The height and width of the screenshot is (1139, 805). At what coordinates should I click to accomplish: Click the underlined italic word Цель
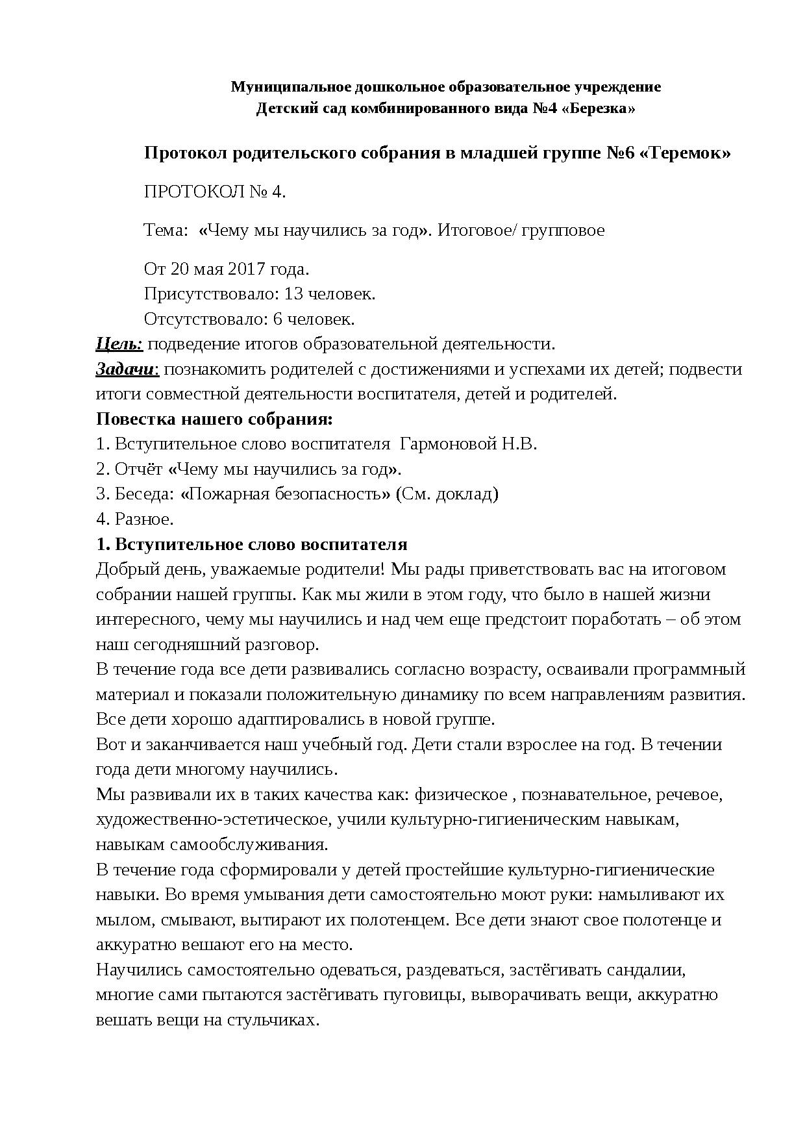[118, 344]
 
